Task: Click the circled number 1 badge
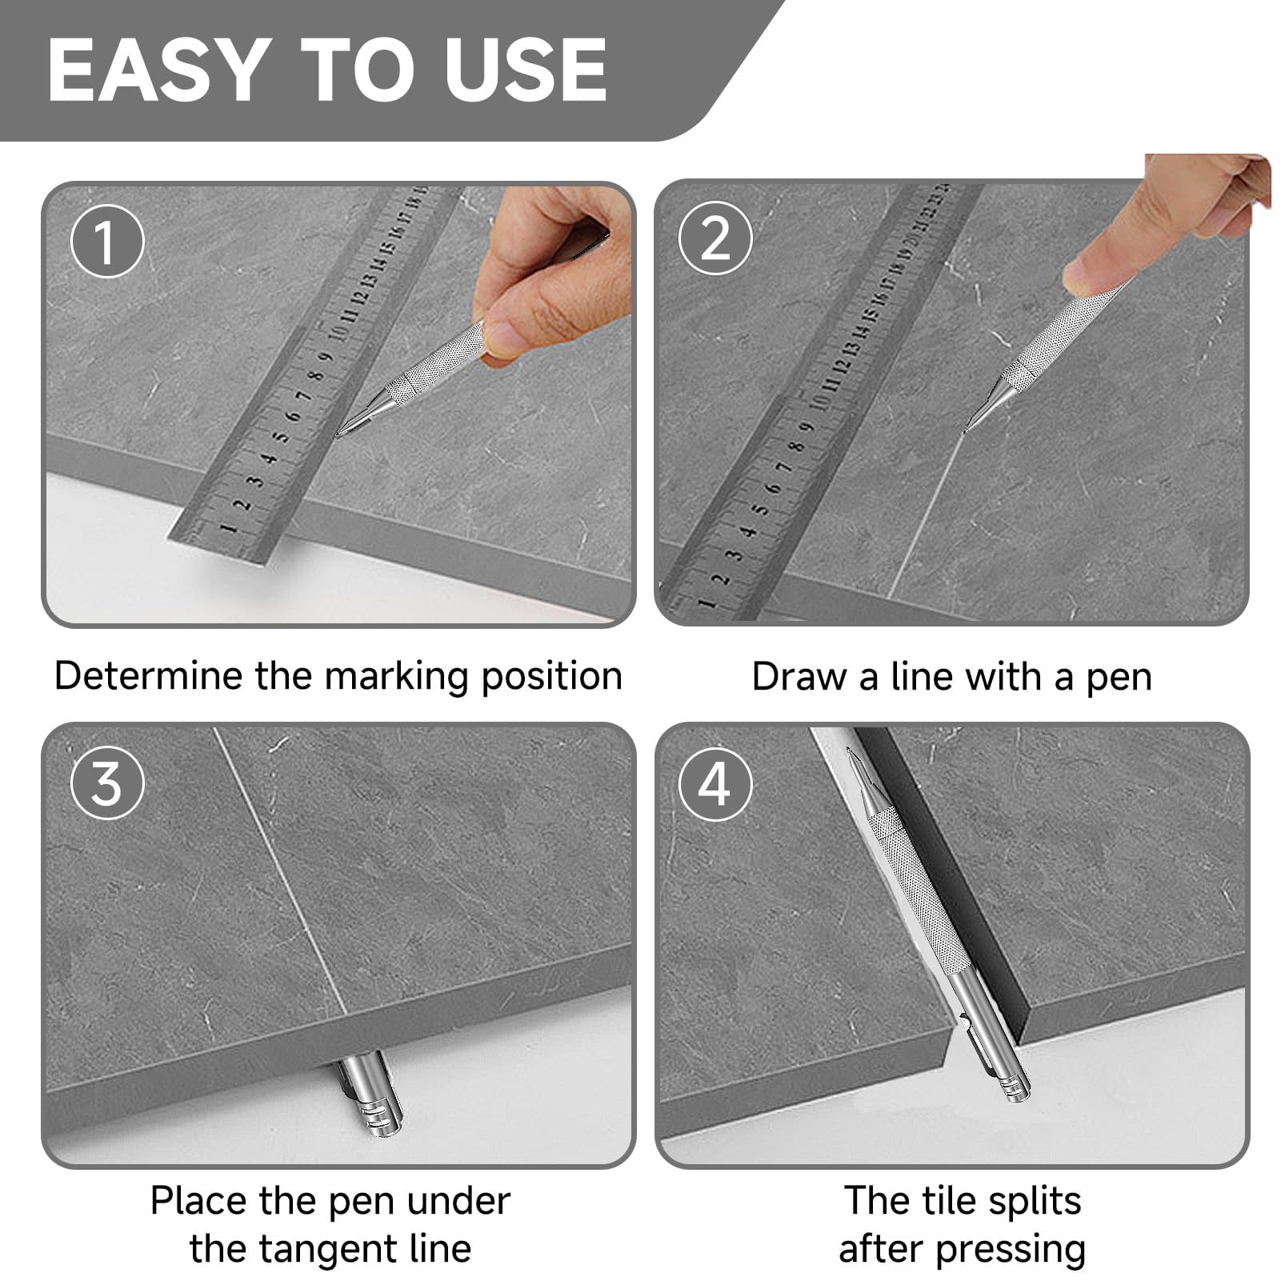107,241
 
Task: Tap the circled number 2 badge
715,238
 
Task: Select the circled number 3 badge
107,782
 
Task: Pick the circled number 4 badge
715,782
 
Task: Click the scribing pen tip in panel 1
339,434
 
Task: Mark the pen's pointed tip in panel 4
851,751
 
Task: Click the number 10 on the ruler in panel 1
337,331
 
